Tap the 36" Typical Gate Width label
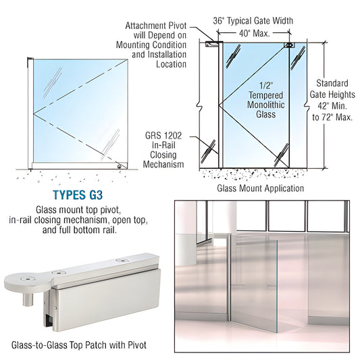[259, 20]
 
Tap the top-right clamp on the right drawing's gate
[289, 46]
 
